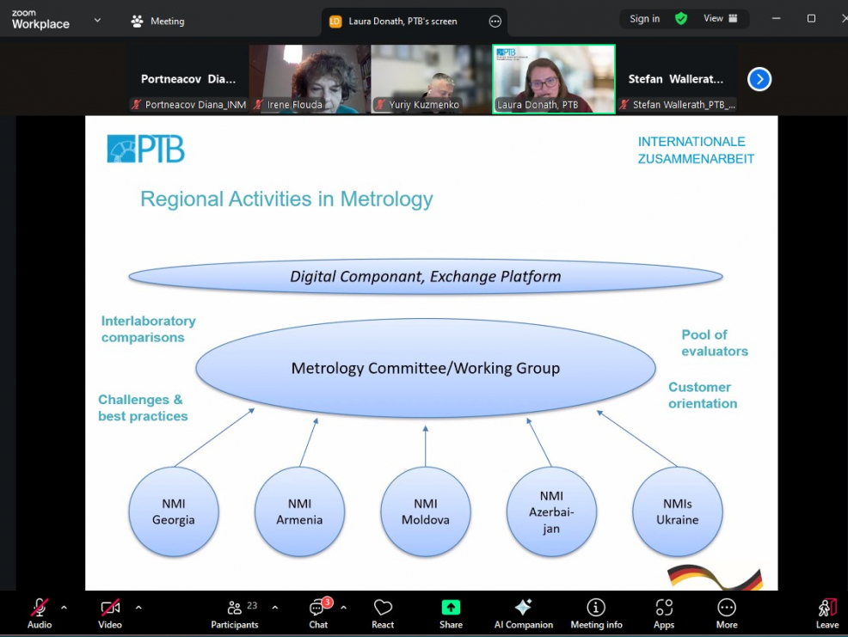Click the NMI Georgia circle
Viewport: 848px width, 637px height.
pyautogui.click(x=174, y=512)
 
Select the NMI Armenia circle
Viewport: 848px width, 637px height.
pyautogui.click(x=299, y=512)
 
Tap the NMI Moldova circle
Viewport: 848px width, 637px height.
pyautogui.click(x=426, y=512)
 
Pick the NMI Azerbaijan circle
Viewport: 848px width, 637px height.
pyautogui.click(x=551, y=512)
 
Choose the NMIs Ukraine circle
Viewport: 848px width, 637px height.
pyautogui.click(x=678, y=512)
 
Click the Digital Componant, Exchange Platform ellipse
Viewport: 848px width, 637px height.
pyautogui.click(x=425, y=277)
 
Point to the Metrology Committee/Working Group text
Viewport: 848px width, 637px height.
pyautogui.click(x=425, y=369)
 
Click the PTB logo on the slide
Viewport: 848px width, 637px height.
pyautogui.click(x=146, y=149)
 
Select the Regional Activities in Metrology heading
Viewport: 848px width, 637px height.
pyautogui.click(x=286, y=199)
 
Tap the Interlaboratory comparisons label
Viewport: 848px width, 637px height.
pyautogui.click(x=148, y=329)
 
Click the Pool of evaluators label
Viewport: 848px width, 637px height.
pyautogui.click(x=714, y=343)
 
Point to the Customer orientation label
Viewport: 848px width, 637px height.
pyautogui.click(x=702, y=395)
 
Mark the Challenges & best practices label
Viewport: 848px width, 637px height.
pyautogui.click(x=143, y=407)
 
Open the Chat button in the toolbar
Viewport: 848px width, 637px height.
pyautogui.click(x=319, y=612)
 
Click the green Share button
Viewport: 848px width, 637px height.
pyautogui.click(x=451, y=612)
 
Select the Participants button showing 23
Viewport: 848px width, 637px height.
pyautogui.click(x=235, y=612)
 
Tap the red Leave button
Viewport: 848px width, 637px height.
pyautogui.click(x=826, y=612)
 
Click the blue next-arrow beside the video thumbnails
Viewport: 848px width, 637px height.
pyautogui.click(x=759, y=80)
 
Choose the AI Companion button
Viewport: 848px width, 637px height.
pyautogui.click(x=523, y=612)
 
